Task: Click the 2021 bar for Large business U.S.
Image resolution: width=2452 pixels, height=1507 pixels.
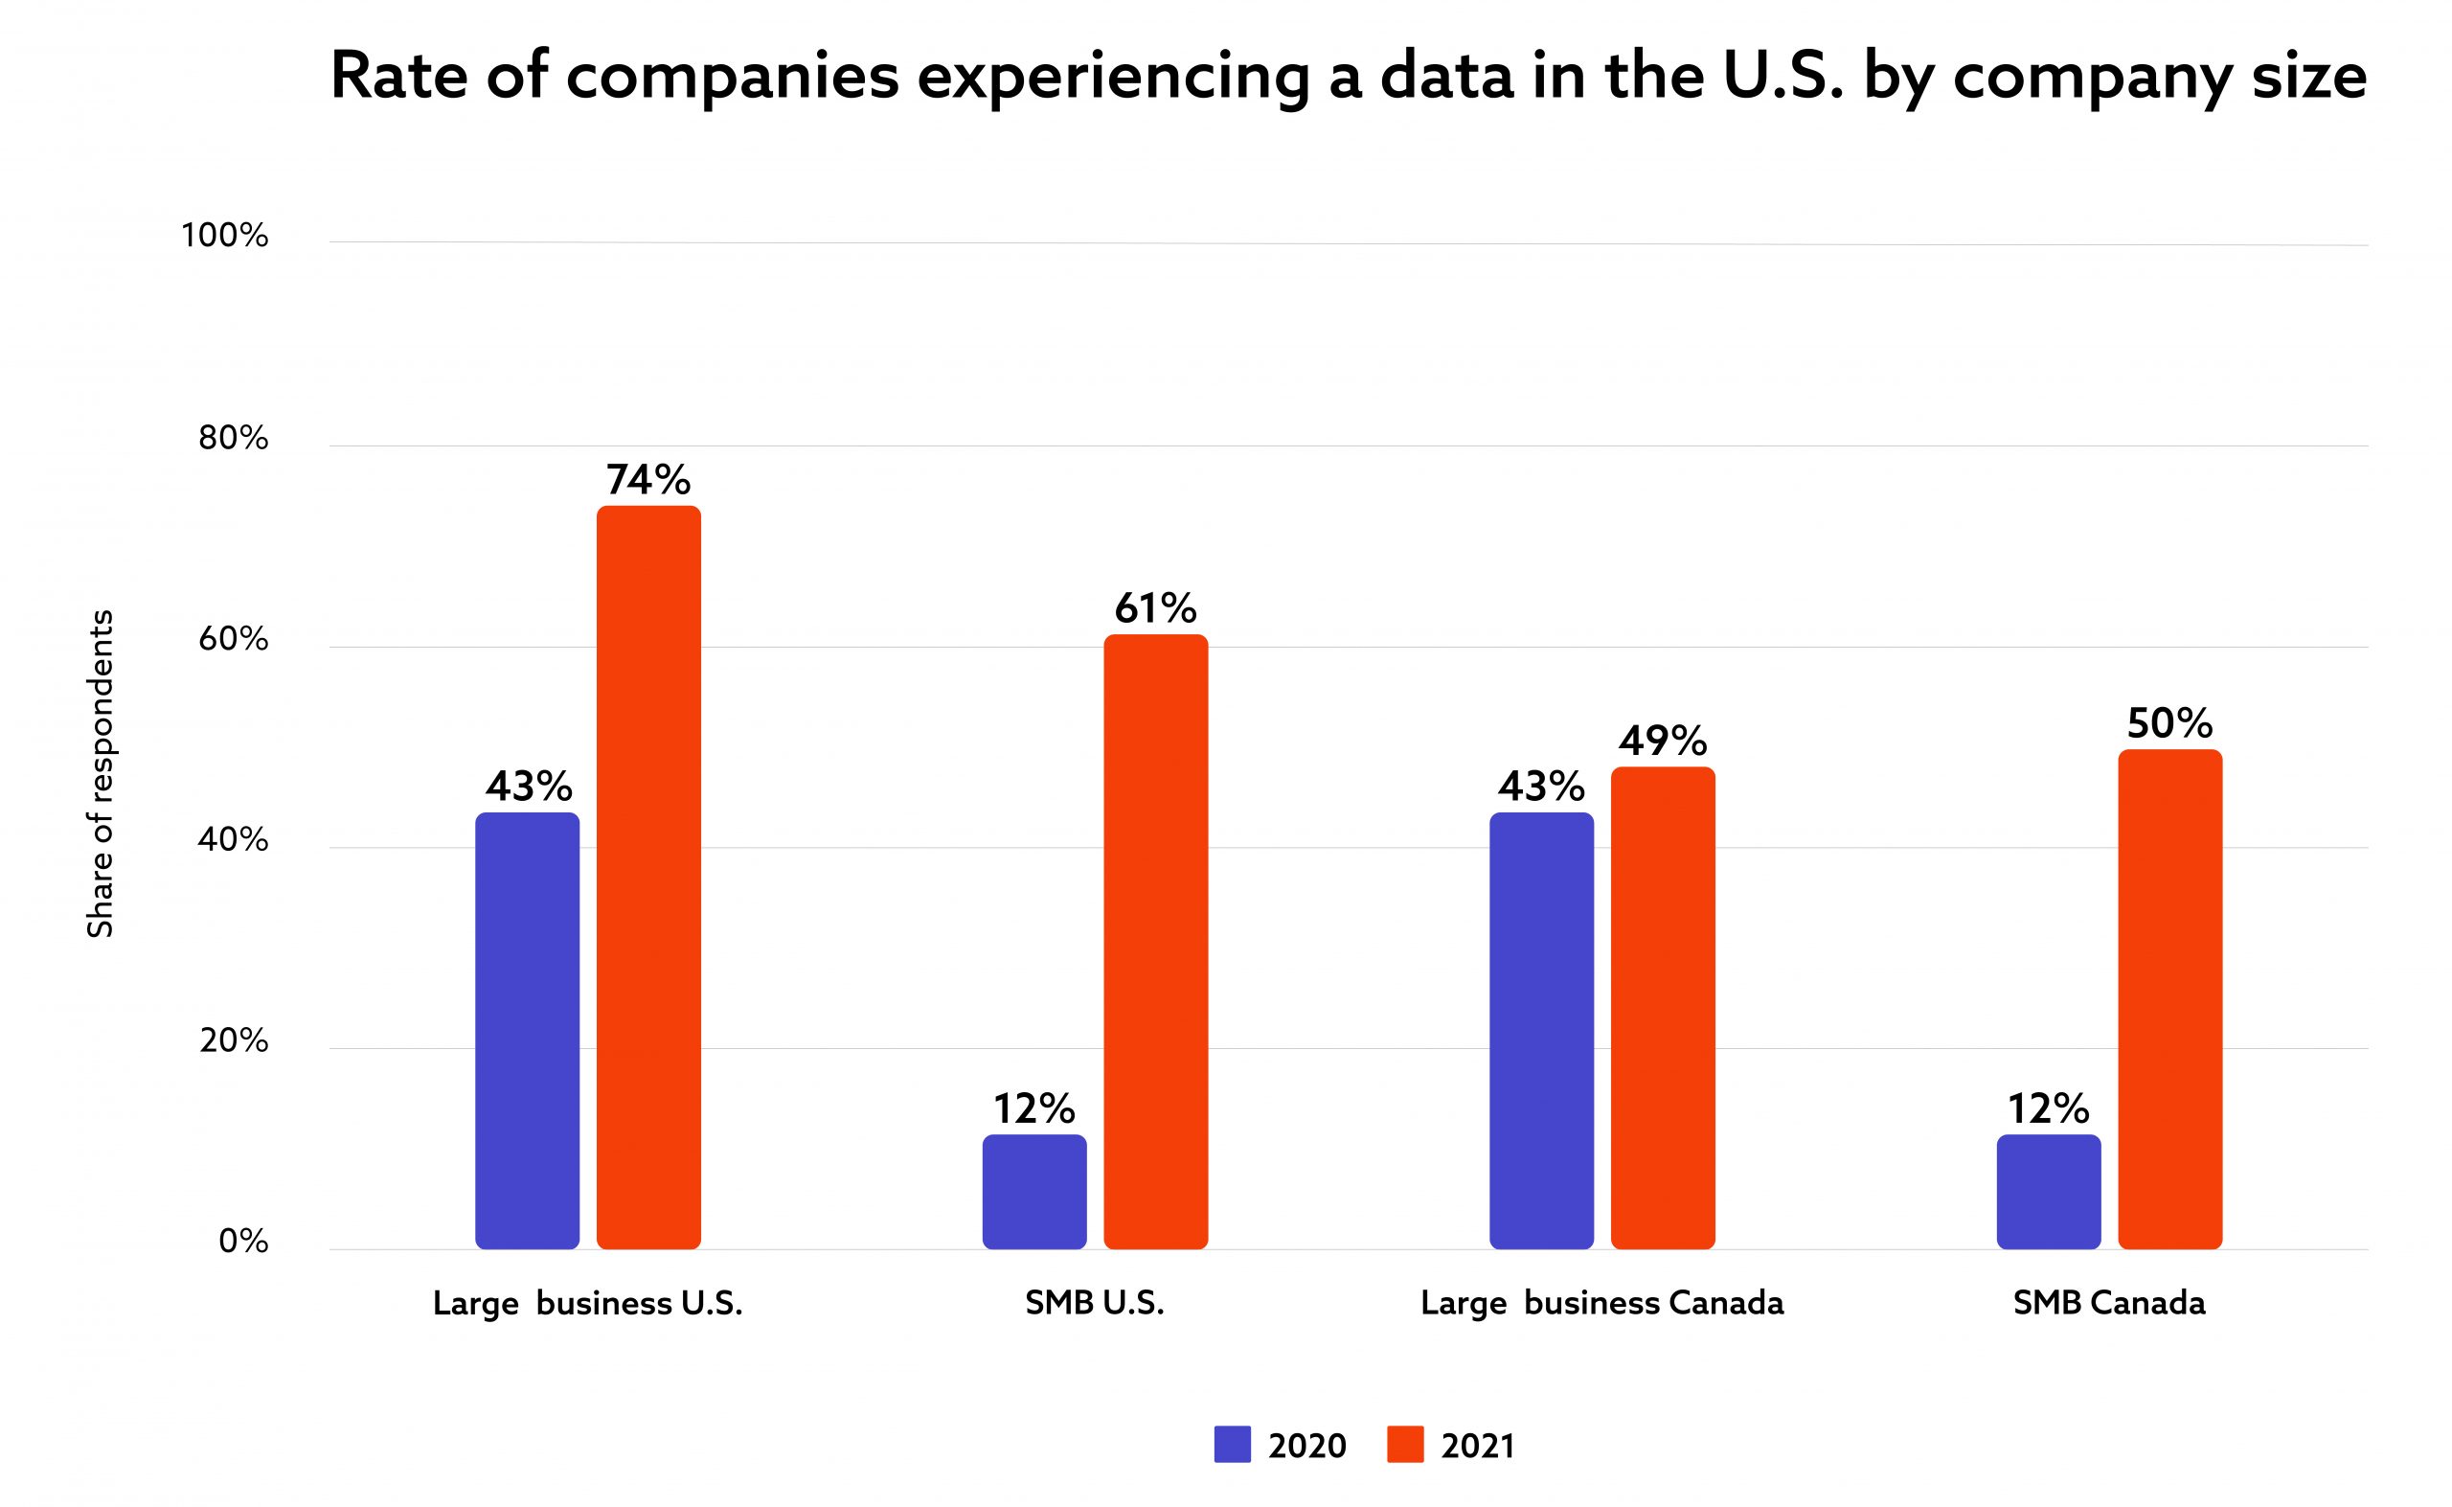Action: tap(648, 878)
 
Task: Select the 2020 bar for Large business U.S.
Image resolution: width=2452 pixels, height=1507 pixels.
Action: tap(527, 1031)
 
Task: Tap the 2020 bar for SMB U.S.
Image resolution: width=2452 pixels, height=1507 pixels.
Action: tap(1034, 1191)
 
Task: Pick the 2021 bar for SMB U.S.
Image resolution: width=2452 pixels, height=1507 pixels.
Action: tap(1156, 941)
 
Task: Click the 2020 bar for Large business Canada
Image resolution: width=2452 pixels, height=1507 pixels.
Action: tap(1541, 1031)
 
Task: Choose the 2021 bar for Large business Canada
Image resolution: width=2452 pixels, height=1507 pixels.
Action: tap(1663, 1008)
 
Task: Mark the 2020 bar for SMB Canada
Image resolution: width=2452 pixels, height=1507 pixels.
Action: tap(2049, 1191)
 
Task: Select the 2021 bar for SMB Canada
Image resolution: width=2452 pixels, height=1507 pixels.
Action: tap(2170, 998)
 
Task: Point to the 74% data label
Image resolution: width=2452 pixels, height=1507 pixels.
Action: tap(648, 480)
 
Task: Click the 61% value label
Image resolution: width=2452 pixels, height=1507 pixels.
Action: tap(1156, 608)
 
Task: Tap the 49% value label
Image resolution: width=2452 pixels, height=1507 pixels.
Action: tap(1663, 741)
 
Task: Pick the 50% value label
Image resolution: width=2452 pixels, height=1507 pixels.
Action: tap(2170, 723)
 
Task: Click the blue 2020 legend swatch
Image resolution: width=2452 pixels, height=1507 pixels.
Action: tap(1233, 1444)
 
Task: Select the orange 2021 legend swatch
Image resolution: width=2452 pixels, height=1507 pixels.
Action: tap(1405, 1444)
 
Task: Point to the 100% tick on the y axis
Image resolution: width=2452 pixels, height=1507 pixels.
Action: tap(224, 237)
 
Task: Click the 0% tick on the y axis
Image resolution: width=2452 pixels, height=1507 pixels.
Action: tap(243, 1242)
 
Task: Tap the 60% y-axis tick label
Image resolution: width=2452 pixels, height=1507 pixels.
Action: tap(233, 640)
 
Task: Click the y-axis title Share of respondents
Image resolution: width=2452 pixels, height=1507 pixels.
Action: tap(100, 773)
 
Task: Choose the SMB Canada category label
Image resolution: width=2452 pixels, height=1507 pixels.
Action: tap(2109, 1304)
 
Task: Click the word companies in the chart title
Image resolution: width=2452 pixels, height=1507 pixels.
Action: tap(733, 77)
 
